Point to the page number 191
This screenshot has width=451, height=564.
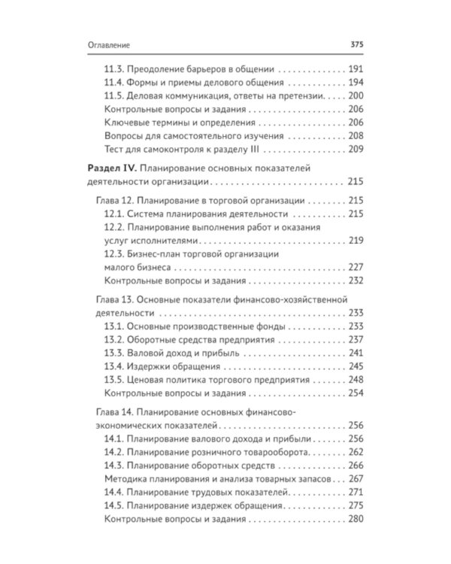tap(356, 67)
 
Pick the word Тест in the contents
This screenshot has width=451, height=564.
tap(112, 148)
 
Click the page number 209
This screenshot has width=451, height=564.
tap(356, 148)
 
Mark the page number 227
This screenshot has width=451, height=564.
tap(356, 267)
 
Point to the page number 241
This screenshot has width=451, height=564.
tap(356, 353)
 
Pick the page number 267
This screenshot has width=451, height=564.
tap(356, 479)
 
